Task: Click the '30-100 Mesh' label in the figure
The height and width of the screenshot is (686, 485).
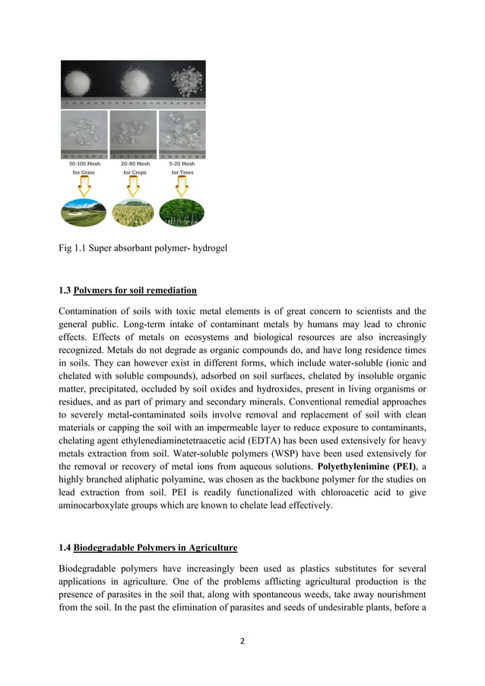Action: coord(84,164)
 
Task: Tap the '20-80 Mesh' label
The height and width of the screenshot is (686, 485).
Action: coord(134,164)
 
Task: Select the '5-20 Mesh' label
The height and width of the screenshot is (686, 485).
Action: coord(182,164)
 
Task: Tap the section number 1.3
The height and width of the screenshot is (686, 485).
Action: coord(65,291)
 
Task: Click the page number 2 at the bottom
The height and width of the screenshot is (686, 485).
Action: coord(242,641)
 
